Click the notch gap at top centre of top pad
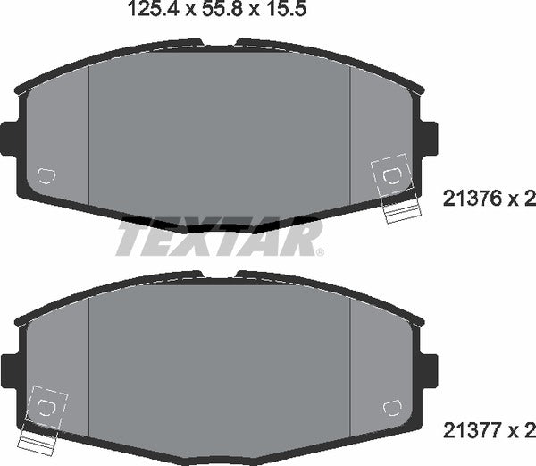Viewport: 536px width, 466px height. (x=219, y=43)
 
